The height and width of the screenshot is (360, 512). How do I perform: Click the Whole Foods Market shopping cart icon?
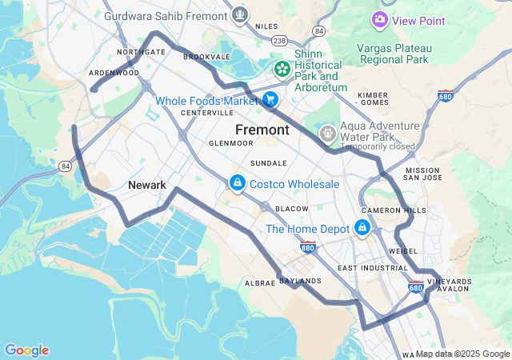[270, 100]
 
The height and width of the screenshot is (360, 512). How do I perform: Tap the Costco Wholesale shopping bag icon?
[238, 184]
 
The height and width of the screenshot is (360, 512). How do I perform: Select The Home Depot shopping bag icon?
[362, 229]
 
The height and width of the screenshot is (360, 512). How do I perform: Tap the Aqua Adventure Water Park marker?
[327, 132]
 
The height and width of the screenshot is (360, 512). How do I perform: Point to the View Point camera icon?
[380, 19]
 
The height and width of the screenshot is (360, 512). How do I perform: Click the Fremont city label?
[262, 129]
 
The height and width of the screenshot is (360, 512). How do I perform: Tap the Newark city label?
[147, 185]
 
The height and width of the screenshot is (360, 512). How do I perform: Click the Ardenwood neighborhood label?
[114, 72]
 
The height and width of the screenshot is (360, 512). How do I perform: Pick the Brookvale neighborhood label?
[206, 57]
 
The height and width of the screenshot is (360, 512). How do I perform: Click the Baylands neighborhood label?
[301, 281]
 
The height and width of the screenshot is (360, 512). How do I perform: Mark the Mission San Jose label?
[422, 174]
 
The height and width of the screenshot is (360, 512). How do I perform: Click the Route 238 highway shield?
[279, 39]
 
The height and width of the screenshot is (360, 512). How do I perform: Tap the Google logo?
[26, 350]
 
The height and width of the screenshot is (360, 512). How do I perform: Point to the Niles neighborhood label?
[266, 26]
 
